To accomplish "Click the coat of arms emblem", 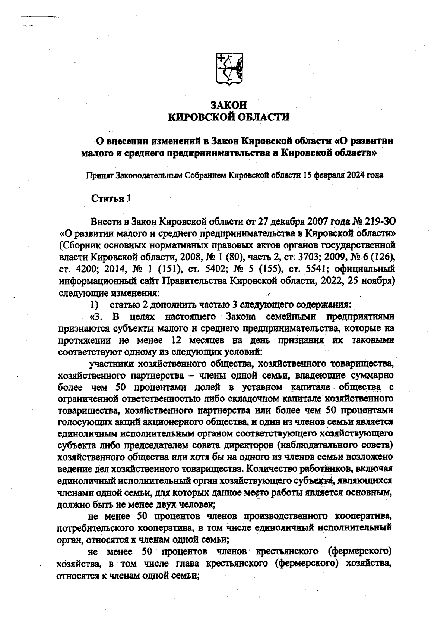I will coord(229,69).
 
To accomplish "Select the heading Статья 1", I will coord(111,198).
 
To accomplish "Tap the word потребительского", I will coord(95,529).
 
